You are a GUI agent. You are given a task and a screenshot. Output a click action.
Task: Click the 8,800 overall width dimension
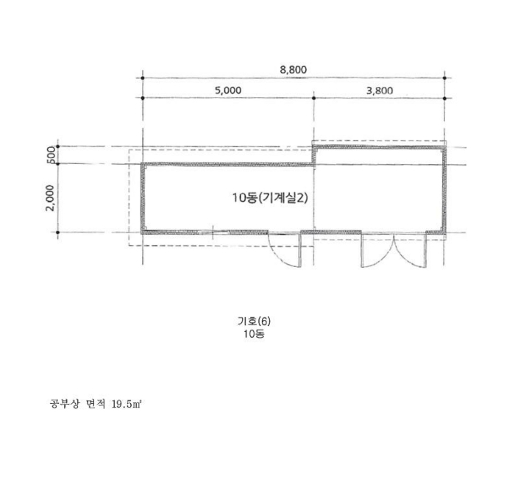tap(293, 70)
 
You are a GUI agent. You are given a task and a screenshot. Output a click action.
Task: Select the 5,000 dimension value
tap(228, 90)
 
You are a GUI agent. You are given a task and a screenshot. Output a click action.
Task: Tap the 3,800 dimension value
tap(379, 90)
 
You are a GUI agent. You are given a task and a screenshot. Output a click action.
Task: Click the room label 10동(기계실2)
tap(269, 198)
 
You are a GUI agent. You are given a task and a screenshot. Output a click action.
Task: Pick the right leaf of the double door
tap(408, 252)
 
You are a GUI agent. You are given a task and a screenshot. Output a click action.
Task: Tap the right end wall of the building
tap(444, 191)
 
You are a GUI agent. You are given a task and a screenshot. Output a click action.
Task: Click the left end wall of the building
tap(143, 197)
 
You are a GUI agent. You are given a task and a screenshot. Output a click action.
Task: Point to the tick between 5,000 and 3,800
tap(314, 97)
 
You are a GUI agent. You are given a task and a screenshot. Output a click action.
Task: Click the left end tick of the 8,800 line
tap(143, 77)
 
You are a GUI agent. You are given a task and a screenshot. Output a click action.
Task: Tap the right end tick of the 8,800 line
tap(444, 77)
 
